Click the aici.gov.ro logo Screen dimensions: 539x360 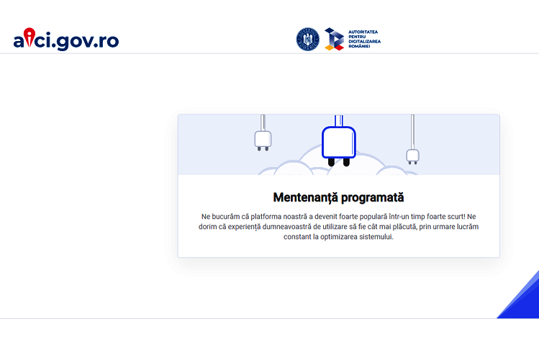[66, 39]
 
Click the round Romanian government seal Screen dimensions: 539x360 [308, 39]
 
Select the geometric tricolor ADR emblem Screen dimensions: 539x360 [334, 39]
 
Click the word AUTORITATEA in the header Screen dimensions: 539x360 [363, 32]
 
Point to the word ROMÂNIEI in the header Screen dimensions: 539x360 [359, 46]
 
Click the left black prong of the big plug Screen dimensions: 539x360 [331, 162]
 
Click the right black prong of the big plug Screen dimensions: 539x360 [347, 162]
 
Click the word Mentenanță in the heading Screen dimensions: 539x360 [305, 198]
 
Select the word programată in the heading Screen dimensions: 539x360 [372, 198]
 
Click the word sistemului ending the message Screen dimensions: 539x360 [376, 237]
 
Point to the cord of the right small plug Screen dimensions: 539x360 [412, 132]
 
